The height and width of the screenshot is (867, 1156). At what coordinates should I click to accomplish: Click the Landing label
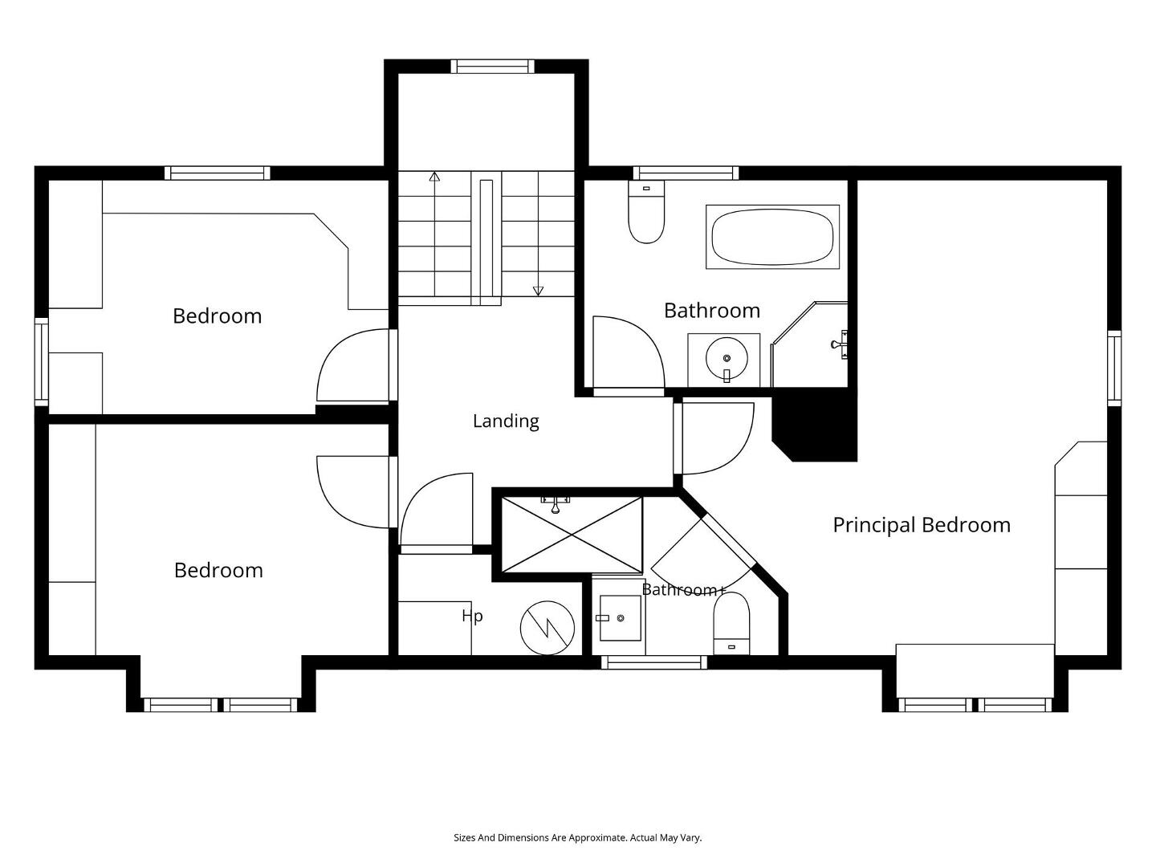click(x=506, y=421)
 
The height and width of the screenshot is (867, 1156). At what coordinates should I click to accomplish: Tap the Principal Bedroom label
click(x=922, y=525)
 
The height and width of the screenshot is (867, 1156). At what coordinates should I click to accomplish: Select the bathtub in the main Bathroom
click(x=772, y=237)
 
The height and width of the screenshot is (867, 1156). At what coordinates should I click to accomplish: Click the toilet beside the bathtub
click(x=646, y=212)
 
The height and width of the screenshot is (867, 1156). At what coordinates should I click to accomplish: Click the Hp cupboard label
click(x=472, y=616)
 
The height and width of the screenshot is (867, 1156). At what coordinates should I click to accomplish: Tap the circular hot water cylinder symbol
click(x=547, y=628)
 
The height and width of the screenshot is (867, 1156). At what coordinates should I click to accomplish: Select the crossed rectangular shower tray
click(x=572, y=535)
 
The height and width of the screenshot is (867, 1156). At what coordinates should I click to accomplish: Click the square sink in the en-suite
click(x=620, y=618)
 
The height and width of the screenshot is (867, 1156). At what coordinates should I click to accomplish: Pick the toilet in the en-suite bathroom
click(x=731, y=624)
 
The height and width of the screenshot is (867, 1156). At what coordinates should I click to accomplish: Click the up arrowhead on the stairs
click(x=434, y=177)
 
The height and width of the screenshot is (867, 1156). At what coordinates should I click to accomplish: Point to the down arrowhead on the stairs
click(x=538, y=291)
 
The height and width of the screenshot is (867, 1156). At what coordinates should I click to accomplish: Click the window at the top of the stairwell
click(x=492, y=67)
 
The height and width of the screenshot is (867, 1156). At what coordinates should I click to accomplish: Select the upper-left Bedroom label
click(x=217, y=315)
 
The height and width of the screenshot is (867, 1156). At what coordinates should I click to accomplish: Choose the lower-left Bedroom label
click(x=218, y=570)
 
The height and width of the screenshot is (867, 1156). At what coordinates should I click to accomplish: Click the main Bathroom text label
click(x=712, y=311)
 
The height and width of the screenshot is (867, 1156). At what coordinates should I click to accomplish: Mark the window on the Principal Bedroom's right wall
click(x=1114, y=368)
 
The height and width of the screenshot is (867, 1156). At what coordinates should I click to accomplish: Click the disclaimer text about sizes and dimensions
click(x=578, y=837)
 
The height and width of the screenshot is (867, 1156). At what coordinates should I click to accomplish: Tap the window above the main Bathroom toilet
click(x=686, y=173)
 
